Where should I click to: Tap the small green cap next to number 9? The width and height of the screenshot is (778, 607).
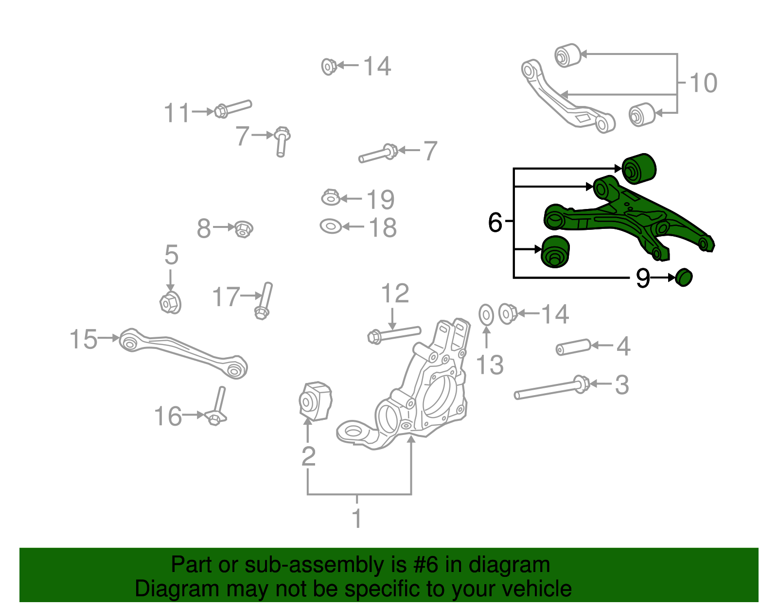coord(684,277)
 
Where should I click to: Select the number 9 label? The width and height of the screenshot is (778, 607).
coord(642,278)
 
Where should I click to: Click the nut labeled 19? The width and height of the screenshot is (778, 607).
coord(331,197)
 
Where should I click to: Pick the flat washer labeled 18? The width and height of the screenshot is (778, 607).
coord(331,226)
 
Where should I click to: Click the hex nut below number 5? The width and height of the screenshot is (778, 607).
coord(170,303)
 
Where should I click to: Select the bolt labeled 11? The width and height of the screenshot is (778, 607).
coord(232,108)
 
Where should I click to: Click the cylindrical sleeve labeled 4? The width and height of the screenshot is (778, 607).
coord(573,347)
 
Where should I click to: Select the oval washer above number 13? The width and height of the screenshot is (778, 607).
coord(486,315)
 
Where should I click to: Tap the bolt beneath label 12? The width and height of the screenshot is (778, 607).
coord(394,334)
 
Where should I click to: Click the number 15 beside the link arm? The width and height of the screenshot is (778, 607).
coord(83,339)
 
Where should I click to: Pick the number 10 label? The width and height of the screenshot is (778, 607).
coord(703,83)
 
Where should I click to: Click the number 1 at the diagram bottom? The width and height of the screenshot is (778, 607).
coord(357,519)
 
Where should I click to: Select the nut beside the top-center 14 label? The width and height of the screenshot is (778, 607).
coord(329,66)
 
